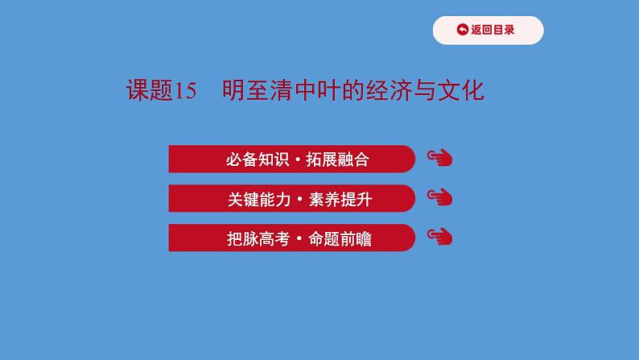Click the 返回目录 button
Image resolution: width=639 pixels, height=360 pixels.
click(488, 31)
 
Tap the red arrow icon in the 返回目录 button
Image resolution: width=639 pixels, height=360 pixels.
click(462, 31)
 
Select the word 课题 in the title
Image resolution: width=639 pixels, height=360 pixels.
click(150, 91)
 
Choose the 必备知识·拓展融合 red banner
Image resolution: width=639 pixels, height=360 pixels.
click(291, 159)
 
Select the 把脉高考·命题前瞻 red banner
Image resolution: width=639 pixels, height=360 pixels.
click(291, 238)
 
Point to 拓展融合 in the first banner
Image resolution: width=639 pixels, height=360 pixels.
click(339, 159)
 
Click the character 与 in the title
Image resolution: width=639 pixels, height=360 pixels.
click(424, 91)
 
